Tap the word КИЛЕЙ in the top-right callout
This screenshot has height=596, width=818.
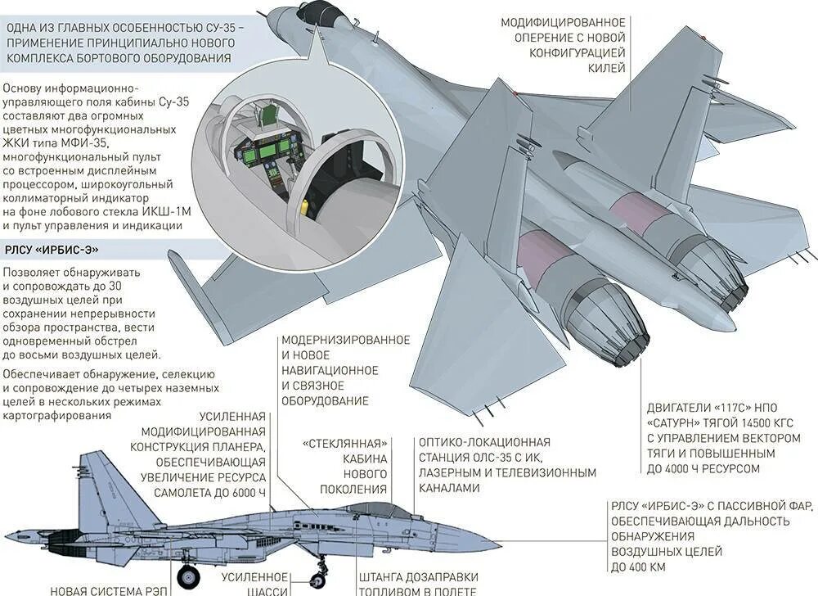tap(606, 68)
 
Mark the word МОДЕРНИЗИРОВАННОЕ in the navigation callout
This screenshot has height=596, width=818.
tap(345, 339)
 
